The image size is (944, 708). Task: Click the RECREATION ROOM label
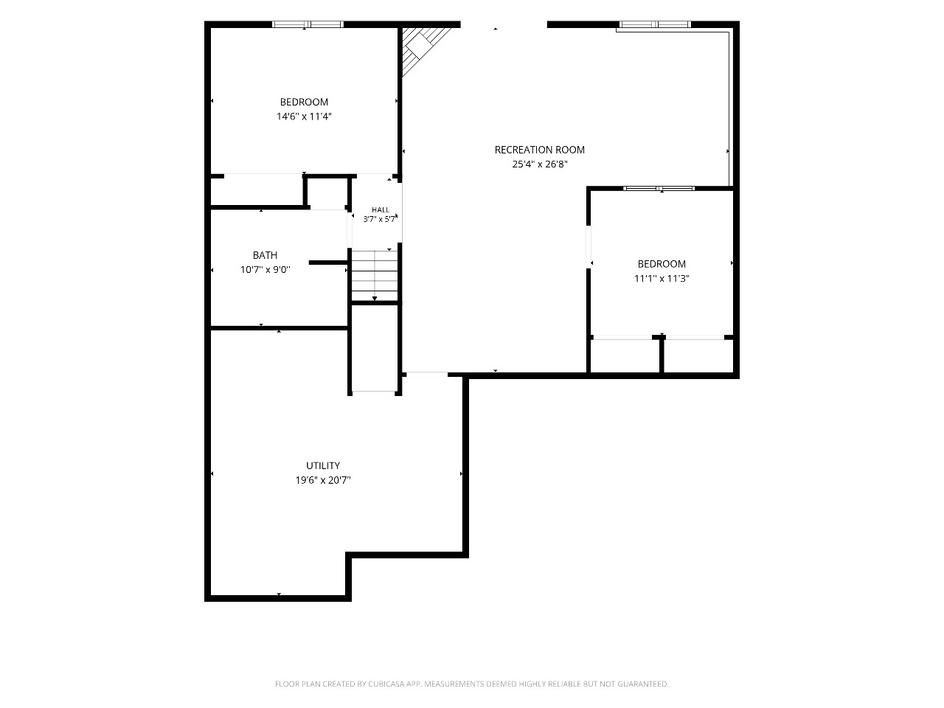[539, 150]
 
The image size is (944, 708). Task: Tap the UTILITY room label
[323, 465]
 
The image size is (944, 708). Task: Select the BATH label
[265, 255]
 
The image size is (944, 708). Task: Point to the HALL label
[380, 209]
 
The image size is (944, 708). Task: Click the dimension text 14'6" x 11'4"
[304, 117]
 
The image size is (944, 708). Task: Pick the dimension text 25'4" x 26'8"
[540, 164]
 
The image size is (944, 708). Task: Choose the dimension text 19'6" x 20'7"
[323, 480]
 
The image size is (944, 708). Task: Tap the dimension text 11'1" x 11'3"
[662, 279]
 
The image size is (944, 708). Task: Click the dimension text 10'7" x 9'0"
[265, 270]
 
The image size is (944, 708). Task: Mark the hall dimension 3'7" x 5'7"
[379, 219]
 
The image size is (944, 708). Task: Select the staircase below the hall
[375, 275]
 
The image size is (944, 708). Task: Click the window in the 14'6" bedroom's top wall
[308, 24]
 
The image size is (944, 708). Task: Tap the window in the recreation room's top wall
[655, 24]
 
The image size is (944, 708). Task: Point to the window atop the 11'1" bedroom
[659, 188]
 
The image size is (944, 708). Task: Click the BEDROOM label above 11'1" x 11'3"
[662, 264]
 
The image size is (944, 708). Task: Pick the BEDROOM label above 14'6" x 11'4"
[304, 103]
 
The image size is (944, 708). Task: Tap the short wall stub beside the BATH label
[328, 263]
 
